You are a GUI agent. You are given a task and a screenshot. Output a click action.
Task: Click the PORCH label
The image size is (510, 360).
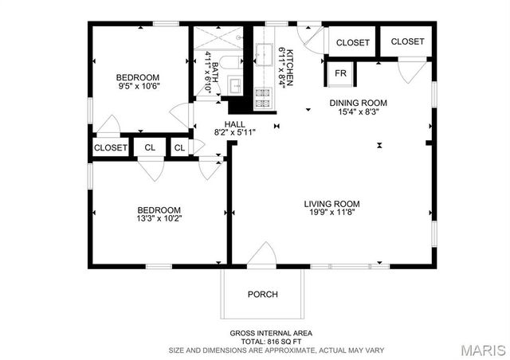[262, 294]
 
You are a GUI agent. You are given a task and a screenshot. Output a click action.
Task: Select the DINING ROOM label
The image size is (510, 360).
[359, 103]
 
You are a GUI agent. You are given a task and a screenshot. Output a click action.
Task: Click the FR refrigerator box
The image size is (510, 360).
[340, 73]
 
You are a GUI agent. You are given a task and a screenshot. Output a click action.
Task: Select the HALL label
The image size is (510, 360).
[234, 124]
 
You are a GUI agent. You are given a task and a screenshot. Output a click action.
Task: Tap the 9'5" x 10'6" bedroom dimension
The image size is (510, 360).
[139, 86]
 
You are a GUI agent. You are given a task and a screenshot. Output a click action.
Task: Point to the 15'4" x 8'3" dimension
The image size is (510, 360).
[359, 112]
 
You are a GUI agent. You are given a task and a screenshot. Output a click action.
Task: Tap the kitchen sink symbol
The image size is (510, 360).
[263, 54]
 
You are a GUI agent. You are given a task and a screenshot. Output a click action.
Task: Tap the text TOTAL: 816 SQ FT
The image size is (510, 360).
[271, 341]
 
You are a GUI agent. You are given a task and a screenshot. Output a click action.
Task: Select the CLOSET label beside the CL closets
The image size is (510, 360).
[111, 148]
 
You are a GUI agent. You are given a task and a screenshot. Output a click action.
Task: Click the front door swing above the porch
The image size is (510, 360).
[261, 255]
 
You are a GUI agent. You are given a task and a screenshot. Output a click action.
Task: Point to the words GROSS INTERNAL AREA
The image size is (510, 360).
[271, 332]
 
